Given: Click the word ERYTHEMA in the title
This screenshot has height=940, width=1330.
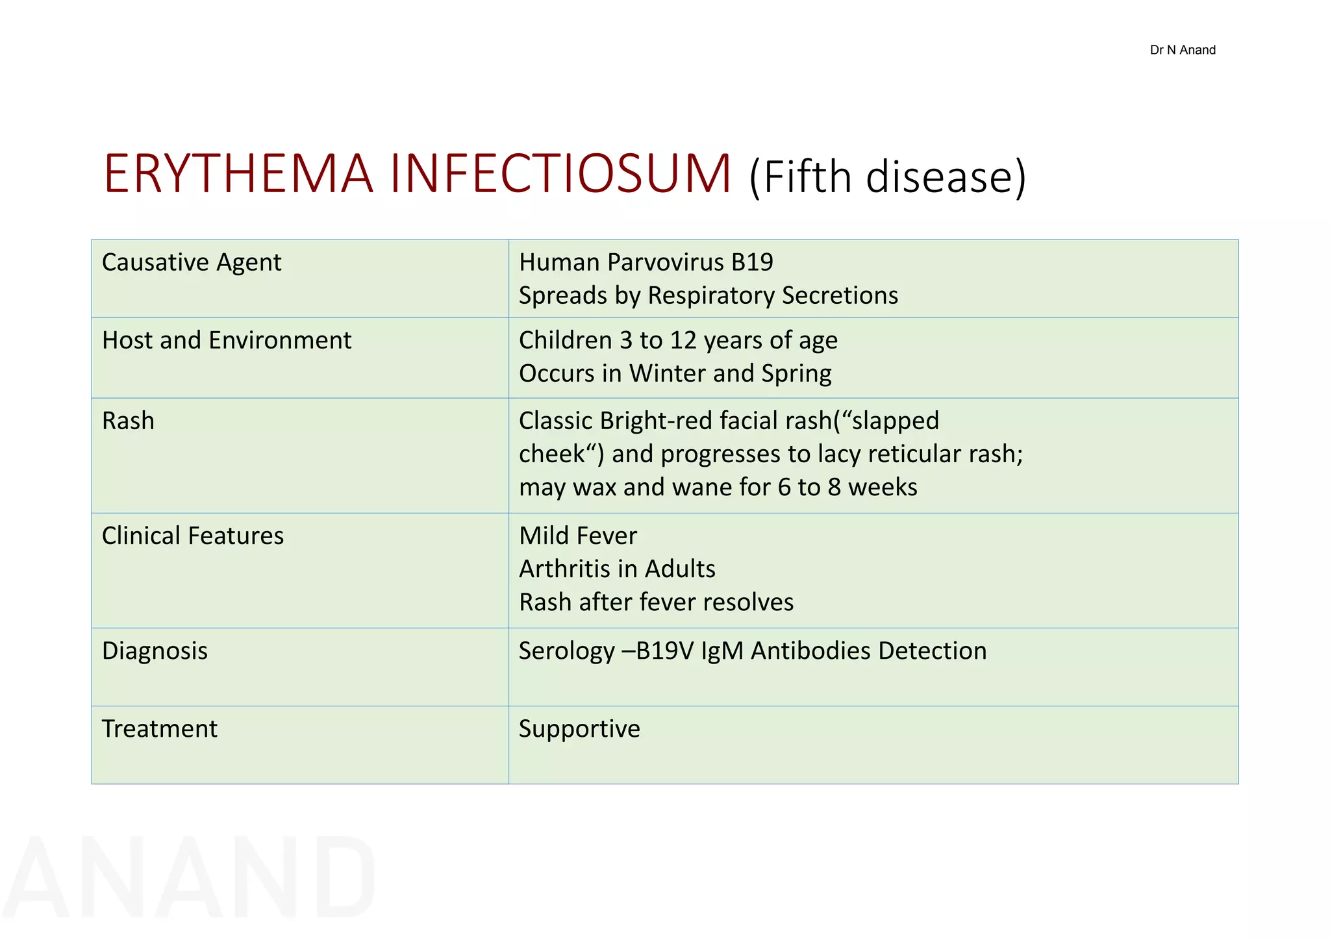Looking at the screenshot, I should pos(238,174).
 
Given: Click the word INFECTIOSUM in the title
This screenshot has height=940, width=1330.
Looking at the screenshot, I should pos(560,174).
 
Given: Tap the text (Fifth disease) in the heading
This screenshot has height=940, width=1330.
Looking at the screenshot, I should pos(888,177).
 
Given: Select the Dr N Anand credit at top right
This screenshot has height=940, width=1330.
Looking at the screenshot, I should pos(1182,50).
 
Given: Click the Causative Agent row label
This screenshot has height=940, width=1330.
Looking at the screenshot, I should pos(192,262).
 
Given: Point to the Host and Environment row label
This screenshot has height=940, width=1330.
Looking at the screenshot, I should pos(227,340).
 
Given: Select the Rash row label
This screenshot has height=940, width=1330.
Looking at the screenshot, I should pos(129,421).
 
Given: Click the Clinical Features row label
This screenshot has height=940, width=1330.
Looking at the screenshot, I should pos(193,536).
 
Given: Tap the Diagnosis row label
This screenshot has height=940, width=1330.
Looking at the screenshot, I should pos(155,650).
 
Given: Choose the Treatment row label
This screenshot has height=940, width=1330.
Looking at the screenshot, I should pos(160,728).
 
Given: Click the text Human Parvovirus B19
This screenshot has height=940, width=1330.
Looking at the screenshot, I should pos(646,262).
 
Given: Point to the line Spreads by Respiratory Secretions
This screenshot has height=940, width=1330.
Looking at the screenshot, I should pos(709,295).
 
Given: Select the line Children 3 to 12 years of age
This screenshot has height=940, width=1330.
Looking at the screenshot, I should pos(678,340).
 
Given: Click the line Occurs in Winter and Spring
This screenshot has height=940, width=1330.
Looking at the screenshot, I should pos(675,373).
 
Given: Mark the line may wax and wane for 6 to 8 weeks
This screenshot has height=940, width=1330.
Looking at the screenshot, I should pos(718,487).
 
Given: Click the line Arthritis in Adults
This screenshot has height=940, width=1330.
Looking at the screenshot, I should pos(617,569).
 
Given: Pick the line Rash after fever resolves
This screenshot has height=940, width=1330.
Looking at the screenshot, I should pos(656,602).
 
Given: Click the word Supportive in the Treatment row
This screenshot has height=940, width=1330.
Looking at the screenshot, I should pos(579,728).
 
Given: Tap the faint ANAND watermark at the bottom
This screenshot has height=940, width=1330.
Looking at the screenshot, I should pos(188,878).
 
